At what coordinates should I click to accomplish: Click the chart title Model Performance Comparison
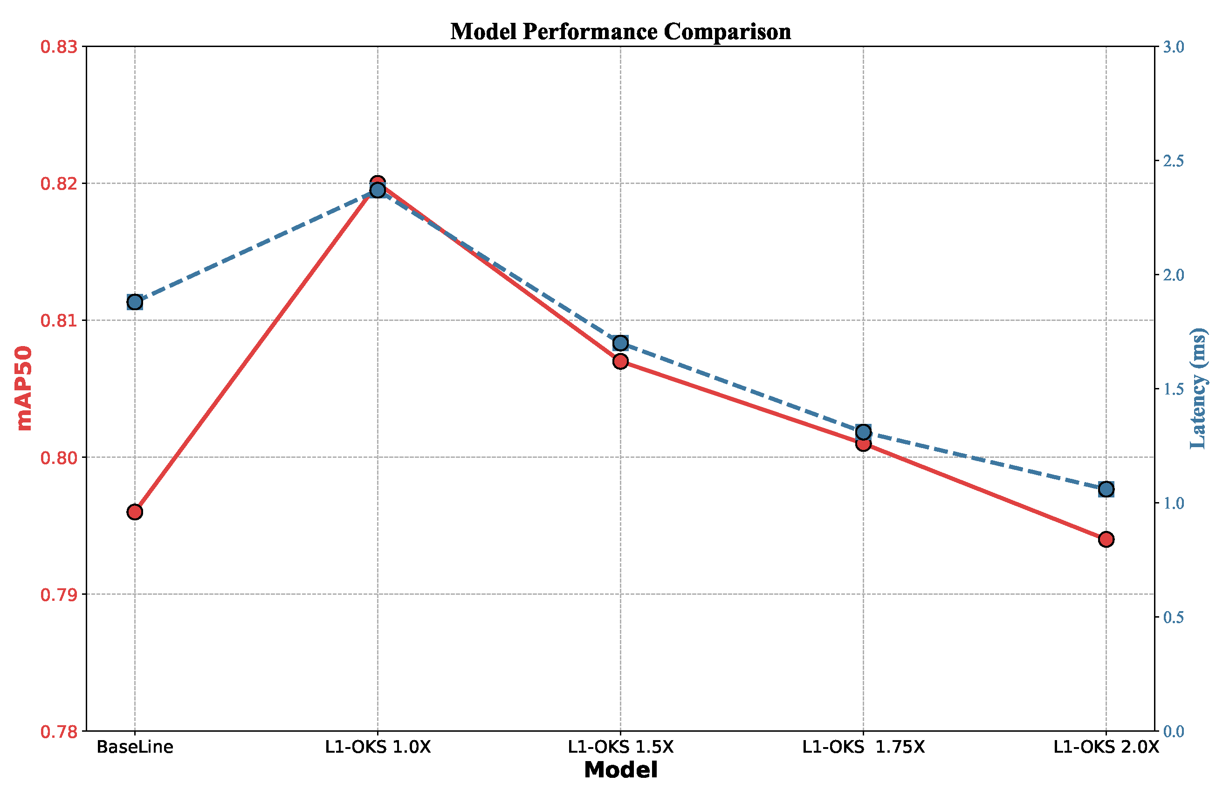click(620, 32)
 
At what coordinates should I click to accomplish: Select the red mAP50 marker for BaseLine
click(135, 512)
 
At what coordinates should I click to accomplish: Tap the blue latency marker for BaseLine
click(135, 302)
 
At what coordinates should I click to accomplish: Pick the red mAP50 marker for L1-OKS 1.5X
click(620, 361)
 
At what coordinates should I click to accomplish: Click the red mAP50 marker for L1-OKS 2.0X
click(1106, 539)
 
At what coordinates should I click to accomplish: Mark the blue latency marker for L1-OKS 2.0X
click(1106, 490)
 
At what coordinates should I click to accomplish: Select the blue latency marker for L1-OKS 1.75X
click(863, 432)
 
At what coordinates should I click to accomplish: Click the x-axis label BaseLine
click(135, 747)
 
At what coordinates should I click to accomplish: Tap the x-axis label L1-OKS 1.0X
click(378, 747)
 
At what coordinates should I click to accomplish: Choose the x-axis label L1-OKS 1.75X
click(863, 747)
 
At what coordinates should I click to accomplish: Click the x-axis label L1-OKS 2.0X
click(1106, 747)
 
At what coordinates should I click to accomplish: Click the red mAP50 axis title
click(24, 388)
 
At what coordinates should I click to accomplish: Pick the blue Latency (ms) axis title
click(1198, 388)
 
